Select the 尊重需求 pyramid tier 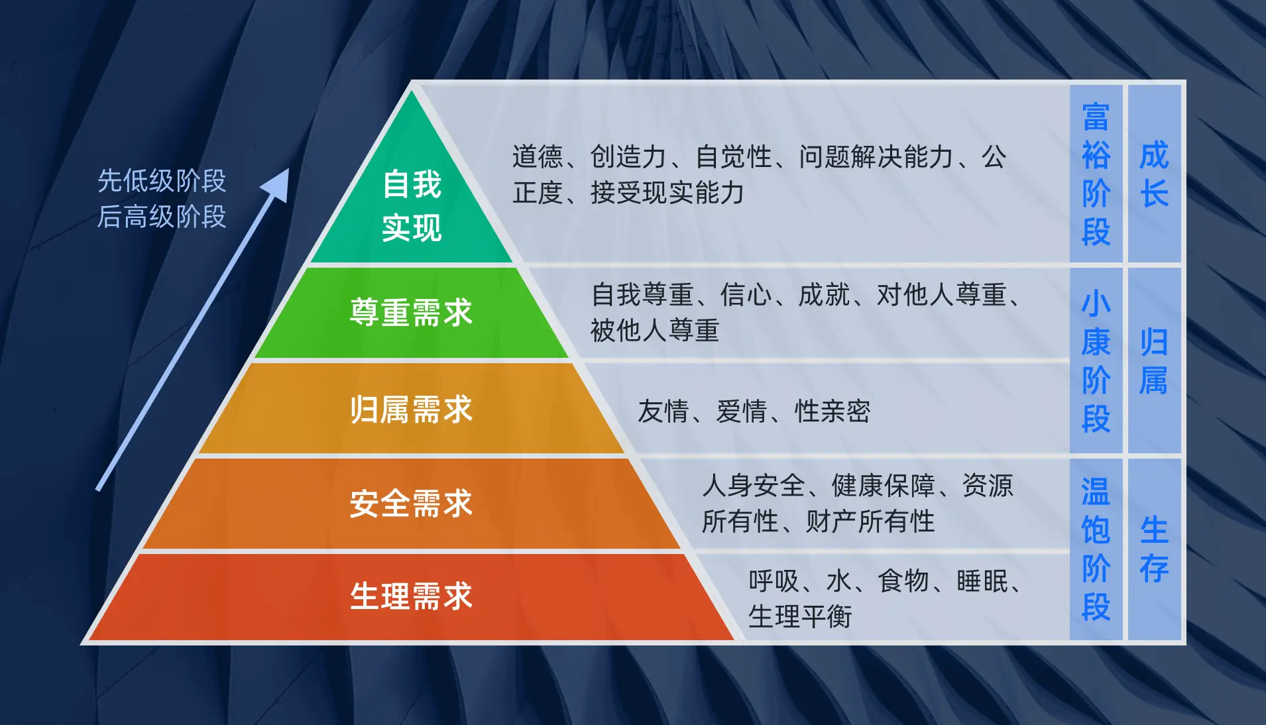coord(412,313)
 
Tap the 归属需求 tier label coord(412,410)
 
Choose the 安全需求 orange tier coord(412,504)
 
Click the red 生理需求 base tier coord(412,596)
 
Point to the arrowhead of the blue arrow coord(277,186)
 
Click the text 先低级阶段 coord(162,180)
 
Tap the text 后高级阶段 coord(162,216)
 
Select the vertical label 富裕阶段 coord(1096,174)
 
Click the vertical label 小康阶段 coord(1096,361)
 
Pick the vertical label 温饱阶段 coord(1096,549)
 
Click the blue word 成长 coord(1154,174)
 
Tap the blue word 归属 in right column coord(1154,361)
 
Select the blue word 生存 coord(1154,549)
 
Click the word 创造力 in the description coord(628,157)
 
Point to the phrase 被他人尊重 coord(655,330)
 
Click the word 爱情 coord(742,412)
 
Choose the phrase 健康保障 coord(883,486)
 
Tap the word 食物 coord(903,581)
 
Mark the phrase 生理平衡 coord(800,617)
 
